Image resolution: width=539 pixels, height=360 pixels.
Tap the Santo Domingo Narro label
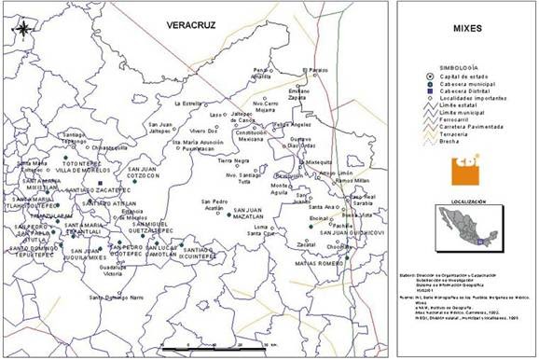pos(117,297)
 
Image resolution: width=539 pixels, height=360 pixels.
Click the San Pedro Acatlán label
pos(215,204)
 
